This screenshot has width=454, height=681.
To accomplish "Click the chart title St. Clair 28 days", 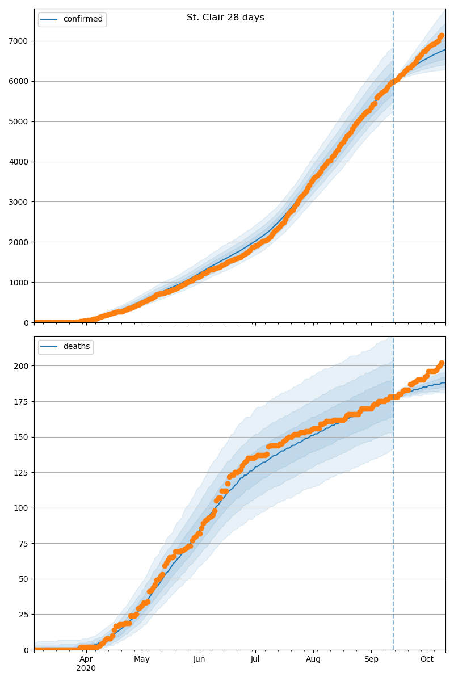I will point(225,18).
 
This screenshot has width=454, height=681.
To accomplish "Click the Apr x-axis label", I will point(86,659).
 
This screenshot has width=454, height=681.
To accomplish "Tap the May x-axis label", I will point(142,659).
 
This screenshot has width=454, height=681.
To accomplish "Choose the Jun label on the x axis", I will point(199,659).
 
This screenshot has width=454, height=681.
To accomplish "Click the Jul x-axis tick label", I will point(255,659).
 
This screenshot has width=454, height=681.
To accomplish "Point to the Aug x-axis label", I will point(313,659).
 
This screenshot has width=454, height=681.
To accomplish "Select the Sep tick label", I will point(371,659).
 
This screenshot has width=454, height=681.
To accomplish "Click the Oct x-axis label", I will point(427,659).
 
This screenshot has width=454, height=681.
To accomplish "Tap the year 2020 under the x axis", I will point(86,669).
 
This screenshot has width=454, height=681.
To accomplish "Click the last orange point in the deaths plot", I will point(442,363).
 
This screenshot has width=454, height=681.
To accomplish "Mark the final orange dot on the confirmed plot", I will point(442,36).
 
